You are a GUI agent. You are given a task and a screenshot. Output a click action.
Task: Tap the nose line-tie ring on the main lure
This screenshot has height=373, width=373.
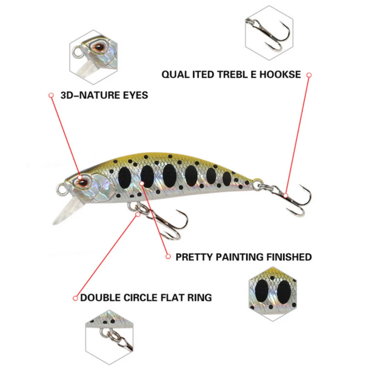coord(61,189)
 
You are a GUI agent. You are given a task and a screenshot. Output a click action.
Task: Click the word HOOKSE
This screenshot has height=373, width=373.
coord(280,74)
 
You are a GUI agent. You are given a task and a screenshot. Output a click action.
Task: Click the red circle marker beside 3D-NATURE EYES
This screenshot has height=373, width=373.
coord(51,95)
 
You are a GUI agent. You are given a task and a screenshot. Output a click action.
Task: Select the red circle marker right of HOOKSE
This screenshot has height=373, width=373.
coord(309,75)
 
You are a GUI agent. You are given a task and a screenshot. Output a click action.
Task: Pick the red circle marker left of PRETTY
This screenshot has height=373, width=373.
coord(168,257)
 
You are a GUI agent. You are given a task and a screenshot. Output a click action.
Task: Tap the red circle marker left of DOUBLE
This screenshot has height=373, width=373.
coord(75,298)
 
